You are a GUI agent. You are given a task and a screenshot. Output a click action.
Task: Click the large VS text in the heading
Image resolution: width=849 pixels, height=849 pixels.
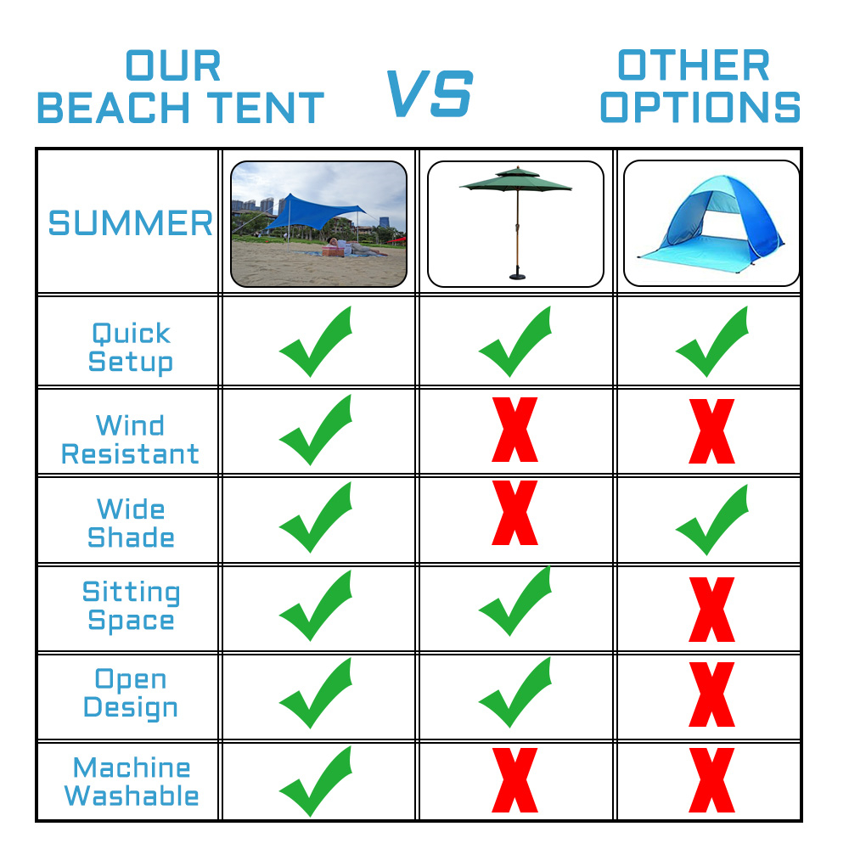430,93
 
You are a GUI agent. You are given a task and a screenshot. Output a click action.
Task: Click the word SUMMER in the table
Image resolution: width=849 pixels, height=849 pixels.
131,223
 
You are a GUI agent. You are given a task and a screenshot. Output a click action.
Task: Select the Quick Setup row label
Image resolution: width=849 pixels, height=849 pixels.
131,347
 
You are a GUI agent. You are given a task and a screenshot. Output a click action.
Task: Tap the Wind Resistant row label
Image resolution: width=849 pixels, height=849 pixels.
130,439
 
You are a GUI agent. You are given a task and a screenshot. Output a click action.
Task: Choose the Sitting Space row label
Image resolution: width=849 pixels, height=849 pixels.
131,606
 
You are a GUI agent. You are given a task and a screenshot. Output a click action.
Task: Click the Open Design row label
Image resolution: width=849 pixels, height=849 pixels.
131,694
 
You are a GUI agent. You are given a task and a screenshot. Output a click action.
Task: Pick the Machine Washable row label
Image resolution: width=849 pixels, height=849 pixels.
131,781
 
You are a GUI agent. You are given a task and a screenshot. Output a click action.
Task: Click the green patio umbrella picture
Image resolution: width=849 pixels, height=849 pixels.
515,223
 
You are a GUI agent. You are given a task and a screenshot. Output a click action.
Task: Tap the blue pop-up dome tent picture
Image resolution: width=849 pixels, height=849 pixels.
711,223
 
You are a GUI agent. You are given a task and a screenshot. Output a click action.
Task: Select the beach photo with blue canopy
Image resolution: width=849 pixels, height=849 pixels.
319,223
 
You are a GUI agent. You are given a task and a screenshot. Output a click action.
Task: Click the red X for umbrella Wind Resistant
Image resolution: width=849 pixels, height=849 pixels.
515,430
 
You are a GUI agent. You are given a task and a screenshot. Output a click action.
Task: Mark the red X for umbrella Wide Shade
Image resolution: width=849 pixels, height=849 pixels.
515,512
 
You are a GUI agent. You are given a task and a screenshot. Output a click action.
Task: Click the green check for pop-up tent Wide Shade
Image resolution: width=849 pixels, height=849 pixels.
712,520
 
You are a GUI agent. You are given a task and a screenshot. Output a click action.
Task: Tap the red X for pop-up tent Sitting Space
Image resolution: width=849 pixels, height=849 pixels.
712,609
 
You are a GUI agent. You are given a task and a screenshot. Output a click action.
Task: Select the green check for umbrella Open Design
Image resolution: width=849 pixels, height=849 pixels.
515,692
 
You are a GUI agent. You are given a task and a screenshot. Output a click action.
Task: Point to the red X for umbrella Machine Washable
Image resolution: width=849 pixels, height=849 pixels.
515,779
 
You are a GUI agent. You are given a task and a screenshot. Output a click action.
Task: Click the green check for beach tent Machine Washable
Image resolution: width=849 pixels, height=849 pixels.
316,781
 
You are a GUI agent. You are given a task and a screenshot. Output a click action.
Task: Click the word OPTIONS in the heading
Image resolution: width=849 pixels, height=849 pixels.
700,107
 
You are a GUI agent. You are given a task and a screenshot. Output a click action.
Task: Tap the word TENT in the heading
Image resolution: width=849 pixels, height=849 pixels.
265,108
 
